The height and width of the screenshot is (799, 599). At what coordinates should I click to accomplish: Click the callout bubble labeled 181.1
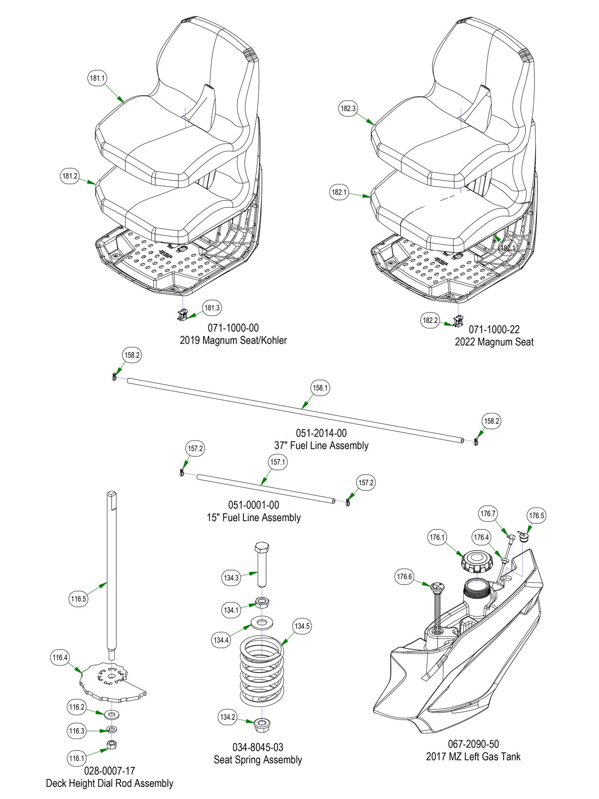point(97,78)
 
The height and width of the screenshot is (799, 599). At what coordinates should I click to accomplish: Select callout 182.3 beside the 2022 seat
point(348,109)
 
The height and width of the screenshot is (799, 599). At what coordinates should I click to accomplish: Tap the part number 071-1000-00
point(233,328)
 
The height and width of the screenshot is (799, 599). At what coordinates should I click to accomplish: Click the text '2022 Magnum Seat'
point(494,342)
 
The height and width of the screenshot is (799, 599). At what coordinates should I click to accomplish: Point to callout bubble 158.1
point(320,388)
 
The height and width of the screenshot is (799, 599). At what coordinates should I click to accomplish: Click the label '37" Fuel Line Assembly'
point(321,446)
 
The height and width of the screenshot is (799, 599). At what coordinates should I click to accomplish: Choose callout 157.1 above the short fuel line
point(277,462)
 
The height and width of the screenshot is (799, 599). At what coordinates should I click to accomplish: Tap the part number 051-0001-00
point(254,505)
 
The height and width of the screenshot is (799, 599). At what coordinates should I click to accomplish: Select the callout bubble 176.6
point(404,577)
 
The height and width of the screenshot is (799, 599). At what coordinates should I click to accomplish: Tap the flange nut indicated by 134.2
point(261,724)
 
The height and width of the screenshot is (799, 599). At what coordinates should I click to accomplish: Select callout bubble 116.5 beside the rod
point(79,599)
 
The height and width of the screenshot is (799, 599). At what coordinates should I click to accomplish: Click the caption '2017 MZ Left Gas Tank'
point(473,757)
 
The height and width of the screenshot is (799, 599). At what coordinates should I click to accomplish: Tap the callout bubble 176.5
point(537,516)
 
